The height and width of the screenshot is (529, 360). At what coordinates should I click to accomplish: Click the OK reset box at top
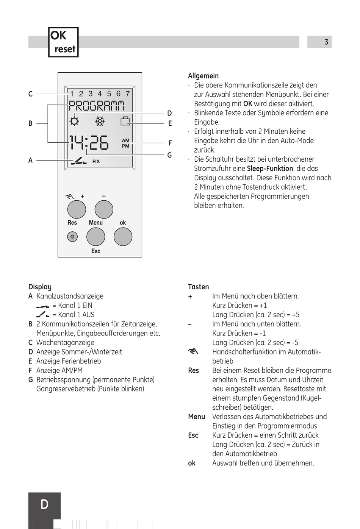[x=63, y=42]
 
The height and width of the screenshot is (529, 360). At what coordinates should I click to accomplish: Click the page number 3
[x=326, y=42]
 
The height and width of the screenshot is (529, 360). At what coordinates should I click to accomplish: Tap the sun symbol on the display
[x=74, y=122]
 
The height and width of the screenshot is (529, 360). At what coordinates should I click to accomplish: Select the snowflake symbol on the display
[x=100, y=122]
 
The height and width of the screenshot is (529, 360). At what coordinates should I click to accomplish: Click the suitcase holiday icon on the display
[x=125, y=121]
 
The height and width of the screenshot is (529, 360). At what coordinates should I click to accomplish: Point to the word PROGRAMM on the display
[x=96, y=106]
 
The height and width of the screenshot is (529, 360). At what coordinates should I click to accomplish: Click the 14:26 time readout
[x=89, y=143]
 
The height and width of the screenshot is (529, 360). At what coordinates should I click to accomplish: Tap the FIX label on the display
[x=96, y=161]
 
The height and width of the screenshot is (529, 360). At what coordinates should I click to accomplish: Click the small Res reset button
[x=72, y=237]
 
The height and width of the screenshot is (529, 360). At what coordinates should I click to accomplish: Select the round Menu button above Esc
[x=96, y=237]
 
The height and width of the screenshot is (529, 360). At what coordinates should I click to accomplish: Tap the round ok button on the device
[x=123, y=237]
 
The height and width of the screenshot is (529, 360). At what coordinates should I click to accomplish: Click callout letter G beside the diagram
[x=169, y=155]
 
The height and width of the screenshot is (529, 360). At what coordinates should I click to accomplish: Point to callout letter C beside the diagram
[x=30, y=94]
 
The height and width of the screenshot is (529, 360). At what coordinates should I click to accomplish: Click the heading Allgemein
[x=203, y=76]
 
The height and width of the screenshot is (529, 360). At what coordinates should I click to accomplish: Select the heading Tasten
[x=198, y=287]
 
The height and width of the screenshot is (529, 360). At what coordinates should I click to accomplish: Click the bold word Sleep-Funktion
[x=270, y=169]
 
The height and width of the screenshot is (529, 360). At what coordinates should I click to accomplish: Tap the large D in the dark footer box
[x=44, y=504]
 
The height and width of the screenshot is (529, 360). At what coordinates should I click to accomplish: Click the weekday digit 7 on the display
[x=128, y=94]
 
